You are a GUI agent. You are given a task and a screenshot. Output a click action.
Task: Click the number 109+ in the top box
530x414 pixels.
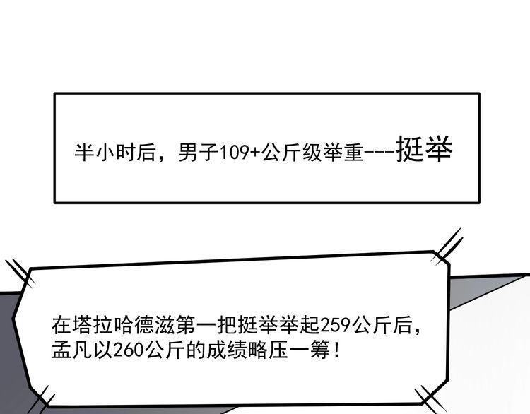click(x=240, y=153)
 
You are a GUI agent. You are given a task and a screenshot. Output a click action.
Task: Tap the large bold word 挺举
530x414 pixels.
click(x=424, y=149)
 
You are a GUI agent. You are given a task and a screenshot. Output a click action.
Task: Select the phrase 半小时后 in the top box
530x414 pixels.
click(x=114, y=153)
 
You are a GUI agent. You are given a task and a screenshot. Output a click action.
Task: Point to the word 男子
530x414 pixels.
click(x=199, y=153)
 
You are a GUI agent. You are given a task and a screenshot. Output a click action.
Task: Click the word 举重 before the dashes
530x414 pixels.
click(x=343, y=153)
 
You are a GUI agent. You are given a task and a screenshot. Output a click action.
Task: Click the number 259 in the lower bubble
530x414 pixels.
click(x=335, y=326)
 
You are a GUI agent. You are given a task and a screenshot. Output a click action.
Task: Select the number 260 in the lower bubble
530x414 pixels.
click(x=129, y=351)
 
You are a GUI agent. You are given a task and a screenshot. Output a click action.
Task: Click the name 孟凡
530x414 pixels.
click(x=71, y=350)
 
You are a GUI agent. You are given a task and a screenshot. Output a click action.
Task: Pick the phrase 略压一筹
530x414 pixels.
click(x=288, y=350)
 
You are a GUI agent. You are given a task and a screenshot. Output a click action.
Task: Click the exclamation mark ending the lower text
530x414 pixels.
click(x=336, y=350)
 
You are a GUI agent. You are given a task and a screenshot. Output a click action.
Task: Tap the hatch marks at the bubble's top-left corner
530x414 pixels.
click(x=20, y=273)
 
